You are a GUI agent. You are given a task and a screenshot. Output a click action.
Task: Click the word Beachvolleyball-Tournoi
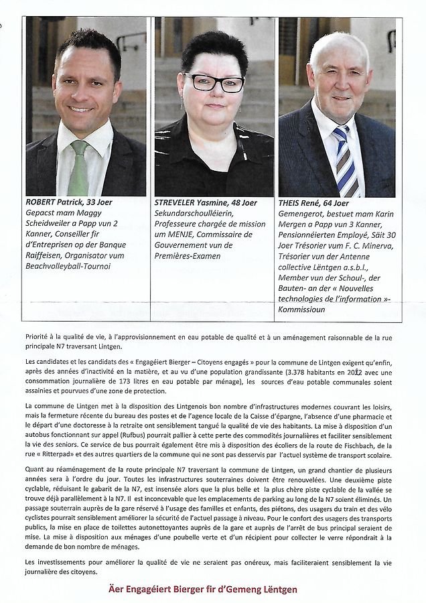coord(68,267)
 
